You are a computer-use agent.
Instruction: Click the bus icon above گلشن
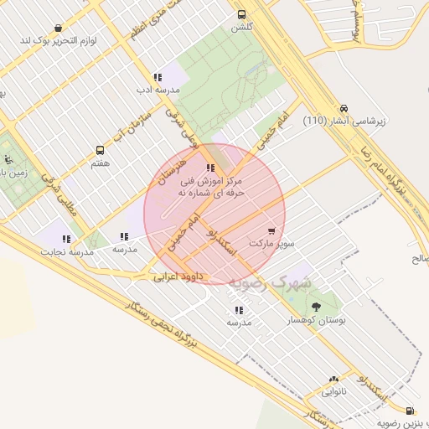[241, 14]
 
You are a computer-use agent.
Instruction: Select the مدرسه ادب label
[156, 87]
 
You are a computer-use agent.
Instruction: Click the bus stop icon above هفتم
[101, 150]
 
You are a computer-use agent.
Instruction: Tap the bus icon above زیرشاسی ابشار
[344, 108]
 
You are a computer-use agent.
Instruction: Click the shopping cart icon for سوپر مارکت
[271, 230]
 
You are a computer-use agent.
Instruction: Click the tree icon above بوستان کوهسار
[316, 307]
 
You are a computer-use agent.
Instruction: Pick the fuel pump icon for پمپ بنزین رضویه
[409, 411]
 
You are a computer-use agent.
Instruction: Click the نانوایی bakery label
[333, 390]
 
